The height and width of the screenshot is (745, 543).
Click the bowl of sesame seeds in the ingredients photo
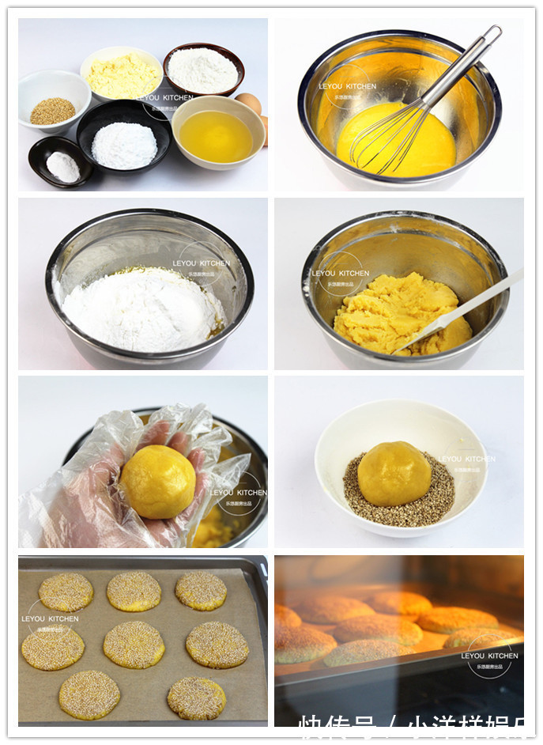53,110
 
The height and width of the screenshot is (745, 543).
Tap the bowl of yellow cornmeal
123,75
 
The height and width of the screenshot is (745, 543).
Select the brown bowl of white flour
203,70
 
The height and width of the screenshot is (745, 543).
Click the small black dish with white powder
62,165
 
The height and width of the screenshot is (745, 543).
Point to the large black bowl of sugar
124,145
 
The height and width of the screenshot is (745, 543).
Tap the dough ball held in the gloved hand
158,482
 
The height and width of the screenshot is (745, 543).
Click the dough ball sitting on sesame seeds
394,473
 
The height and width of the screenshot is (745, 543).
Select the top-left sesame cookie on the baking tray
66,592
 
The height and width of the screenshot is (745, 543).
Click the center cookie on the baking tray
134,644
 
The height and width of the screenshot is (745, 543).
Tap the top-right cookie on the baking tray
201,590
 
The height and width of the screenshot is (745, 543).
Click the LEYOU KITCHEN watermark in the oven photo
491,656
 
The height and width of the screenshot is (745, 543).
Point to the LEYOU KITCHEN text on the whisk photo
347,86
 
